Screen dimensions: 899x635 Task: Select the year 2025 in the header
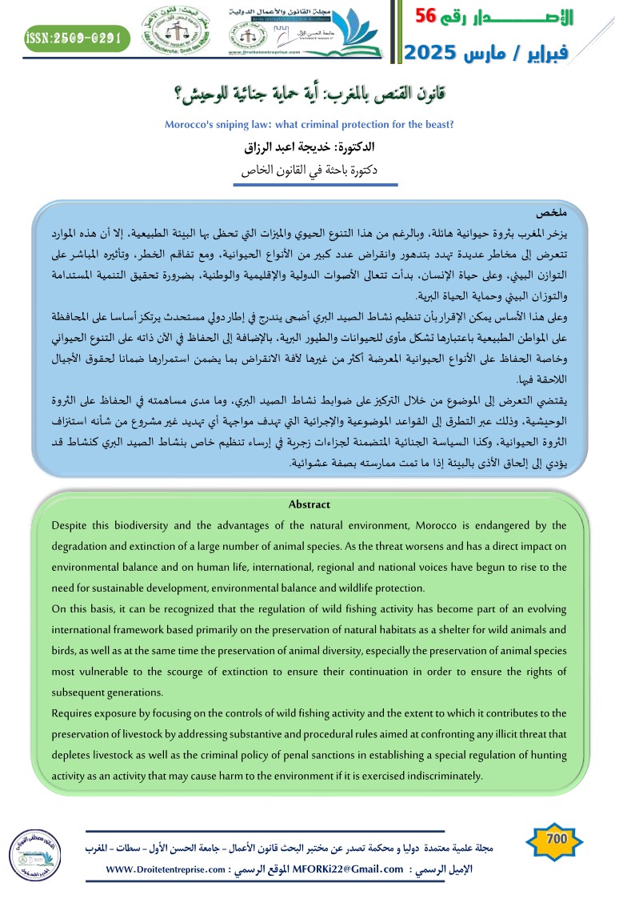[437, 54]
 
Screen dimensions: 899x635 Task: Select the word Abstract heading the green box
[309, 504]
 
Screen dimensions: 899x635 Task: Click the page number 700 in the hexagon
[556, 839]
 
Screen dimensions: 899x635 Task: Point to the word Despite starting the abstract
[72, 525]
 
